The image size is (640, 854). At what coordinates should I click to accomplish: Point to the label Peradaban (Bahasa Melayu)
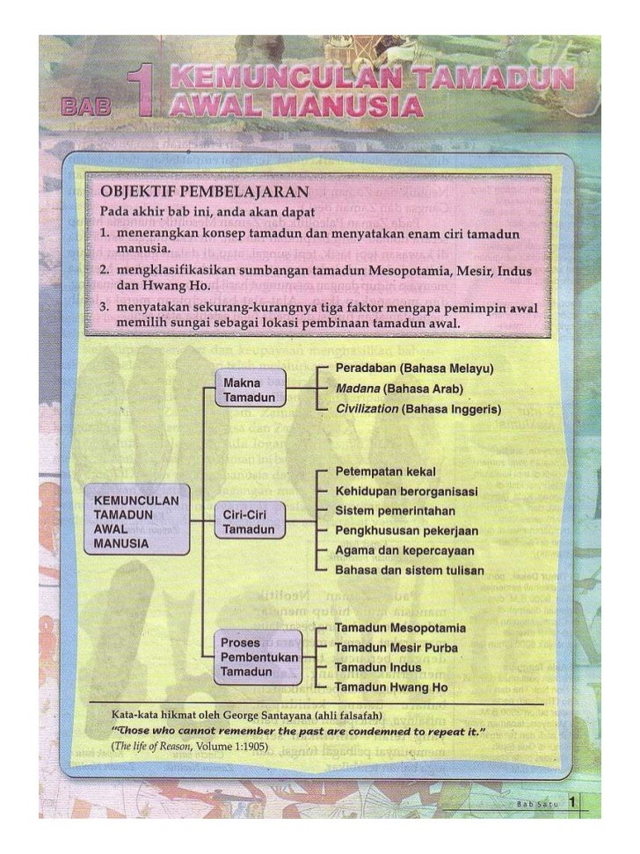415,367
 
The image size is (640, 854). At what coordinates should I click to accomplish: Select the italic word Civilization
368,410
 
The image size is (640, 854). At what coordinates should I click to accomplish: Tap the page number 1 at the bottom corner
572,802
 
